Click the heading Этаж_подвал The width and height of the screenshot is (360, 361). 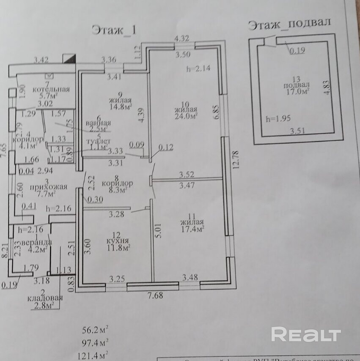[289, 24]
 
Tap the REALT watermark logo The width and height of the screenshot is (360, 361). [306, 335]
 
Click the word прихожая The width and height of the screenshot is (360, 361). [52, 187]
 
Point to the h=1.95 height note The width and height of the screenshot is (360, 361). [279, 119]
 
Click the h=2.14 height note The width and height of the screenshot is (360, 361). [198, 69]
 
